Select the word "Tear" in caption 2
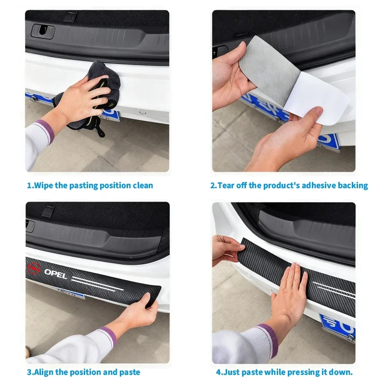[x=226, y=185]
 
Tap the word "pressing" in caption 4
[x=303, y=372]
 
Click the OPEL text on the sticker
[x=56, y=272]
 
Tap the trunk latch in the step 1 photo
[x=43, y=31]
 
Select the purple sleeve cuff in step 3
[x=106, y=336]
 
